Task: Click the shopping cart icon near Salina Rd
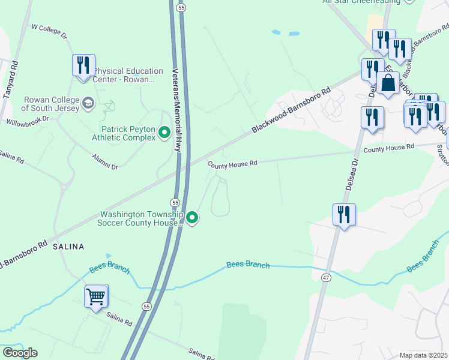[96, 296]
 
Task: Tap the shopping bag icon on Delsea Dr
[388, 84]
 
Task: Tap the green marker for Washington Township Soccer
[192, 218]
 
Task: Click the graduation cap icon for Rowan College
[88, 103]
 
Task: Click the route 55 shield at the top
[181, 7]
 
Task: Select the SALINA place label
[68, 247]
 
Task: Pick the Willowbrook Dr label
[27, 121]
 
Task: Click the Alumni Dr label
[104, 163]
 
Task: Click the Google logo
[20, 353]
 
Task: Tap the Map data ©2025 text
[423, 355]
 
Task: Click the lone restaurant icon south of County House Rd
[344, 215]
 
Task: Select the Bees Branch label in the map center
[248, 265]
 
